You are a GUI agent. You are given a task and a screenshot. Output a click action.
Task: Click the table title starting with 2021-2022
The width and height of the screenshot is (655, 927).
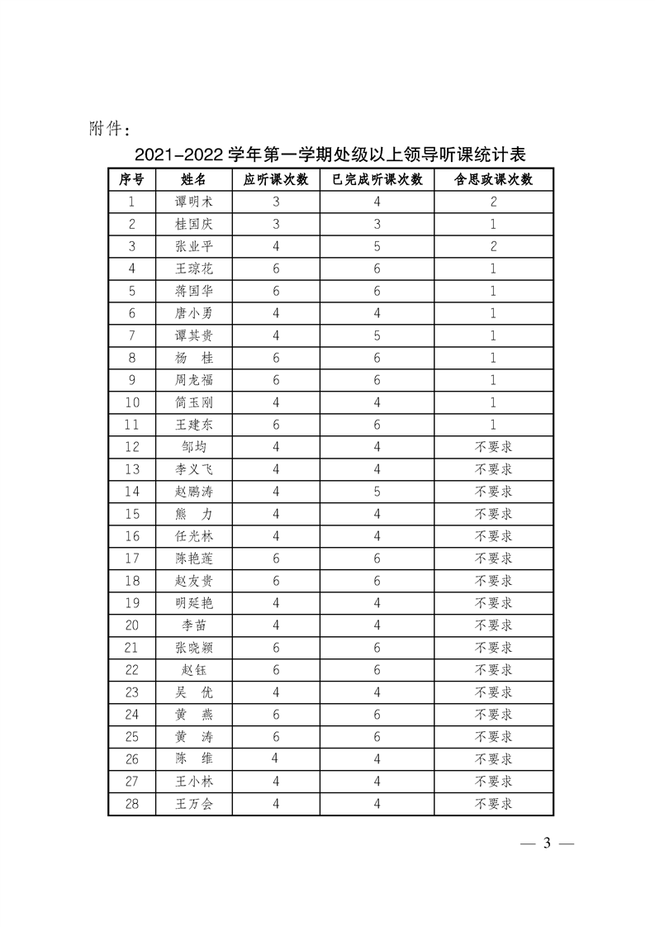point(330,154)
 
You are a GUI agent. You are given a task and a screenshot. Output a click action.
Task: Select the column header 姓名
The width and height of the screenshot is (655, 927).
point(193,179)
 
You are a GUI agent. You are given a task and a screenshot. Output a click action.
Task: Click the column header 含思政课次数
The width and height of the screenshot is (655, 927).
point(493,179)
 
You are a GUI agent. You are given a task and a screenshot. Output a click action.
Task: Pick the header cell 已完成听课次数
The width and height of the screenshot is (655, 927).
point(377,179)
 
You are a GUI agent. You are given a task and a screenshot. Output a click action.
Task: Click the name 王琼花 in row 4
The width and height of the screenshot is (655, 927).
point(193,269)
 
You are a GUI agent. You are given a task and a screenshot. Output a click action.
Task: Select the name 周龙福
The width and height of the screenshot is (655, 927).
point(193,380)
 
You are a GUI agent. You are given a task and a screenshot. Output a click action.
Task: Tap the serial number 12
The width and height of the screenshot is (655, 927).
point(132,447)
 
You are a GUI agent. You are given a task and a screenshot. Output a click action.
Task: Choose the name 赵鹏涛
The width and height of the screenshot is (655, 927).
point(193,492)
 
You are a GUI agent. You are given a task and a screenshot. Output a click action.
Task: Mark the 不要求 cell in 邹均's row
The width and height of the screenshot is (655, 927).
point(493,447)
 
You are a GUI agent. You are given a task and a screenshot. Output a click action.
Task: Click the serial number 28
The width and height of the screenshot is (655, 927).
point(132,803)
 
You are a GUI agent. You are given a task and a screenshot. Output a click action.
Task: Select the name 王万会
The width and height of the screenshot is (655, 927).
point(193,803)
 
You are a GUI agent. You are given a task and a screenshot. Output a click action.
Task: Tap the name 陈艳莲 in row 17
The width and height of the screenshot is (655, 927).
point(193,559)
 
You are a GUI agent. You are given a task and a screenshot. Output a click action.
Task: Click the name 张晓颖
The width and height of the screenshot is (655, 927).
point(193,648)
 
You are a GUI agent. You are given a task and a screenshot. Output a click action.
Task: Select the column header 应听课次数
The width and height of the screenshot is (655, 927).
point(276,179)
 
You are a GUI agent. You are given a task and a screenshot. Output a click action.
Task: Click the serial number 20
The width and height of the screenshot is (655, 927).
point(132,625)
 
